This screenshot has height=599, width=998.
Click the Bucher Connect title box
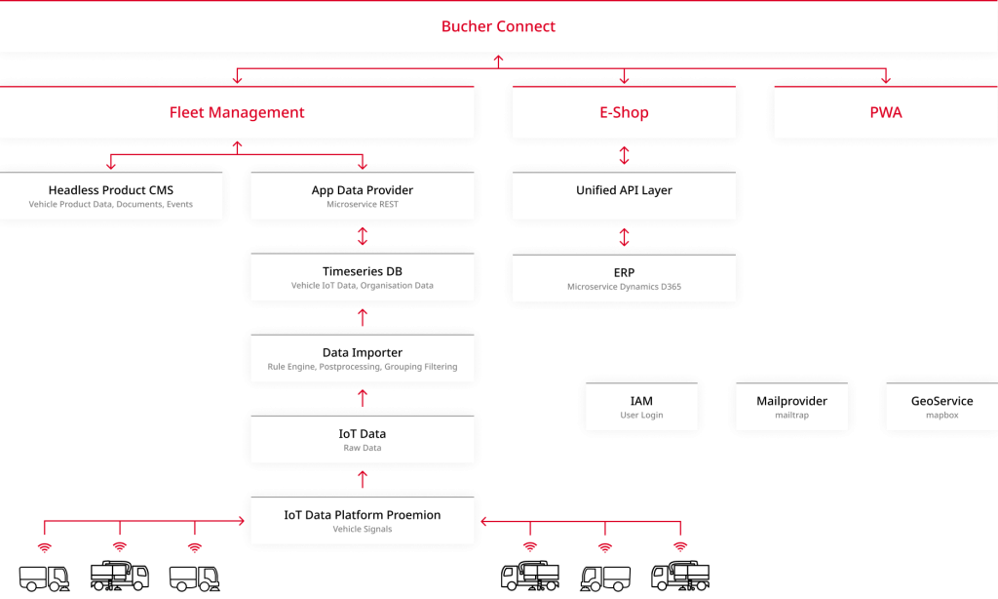coord(498,26)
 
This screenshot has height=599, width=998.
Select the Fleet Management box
coord(237,112)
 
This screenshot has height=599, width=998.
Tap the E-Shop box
coord(624,112)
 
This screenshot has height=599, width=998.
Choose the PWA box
coord(885,112)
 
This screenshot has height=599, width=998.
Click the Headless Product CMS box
coord(110,195)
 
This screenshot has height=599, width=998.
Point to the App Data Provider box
coord(363,195)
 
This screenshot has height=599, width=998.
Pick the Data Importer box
coord(363,358)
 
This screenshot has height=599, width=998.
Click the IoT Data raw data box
coord(363,439)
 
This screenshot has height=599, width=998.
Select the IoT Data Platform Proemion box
coord(363,520)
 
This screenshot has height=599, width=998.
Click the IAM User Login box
coord(641,407)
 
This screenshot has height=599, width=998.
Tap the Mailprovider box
coord(791,407)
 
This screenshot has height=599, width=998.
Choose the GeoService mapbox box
coord(941,407)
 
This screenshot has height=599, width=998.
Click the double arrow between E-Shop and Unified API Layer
coord(624,154)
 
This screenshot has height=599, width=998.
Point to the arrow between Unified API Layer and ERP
coord(624,236)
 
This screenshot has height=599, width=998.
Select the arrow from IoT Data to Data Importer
coord(363,398)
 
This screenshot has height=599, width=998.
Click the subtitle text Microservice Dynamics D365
coord(624,287)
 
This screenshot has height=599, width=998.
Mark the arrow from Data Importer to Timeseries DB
coord(363,317)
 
